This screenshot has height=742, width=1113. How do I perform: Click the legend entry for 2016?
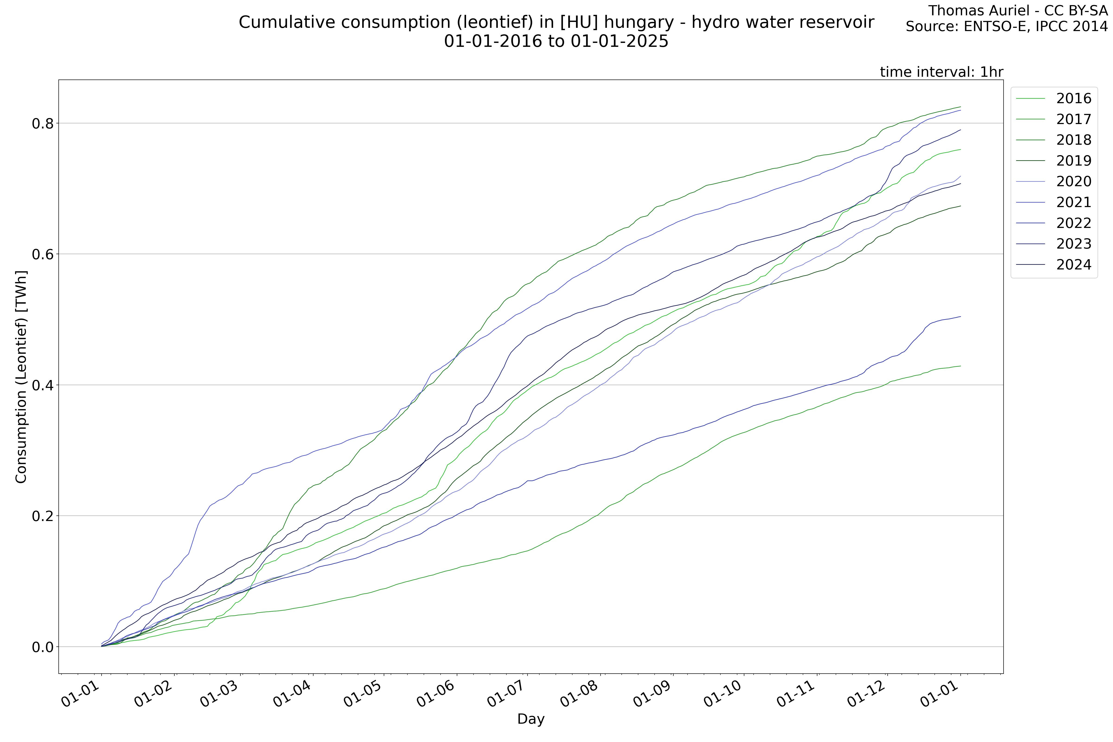(x=1073, y=98)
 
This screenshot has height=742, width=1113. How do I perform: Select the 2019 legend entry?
(x=1073, y=161)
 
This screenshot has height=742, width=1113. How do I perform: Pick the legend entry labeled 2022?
(x=1073, y=223)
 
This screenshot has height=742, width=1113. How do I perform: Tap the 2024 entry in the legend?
(x=1073, y=265)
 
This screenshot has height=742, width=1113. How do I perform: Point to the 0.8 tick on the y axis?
(x=42, y=124)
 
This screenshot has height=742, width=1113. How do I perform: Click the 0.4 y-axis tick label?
(x=42, y=385)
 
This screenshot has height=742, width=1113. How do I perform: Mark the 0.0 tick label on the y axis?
(x=42, y=647)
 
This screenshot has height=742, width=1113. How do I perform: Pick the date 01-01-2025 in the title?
(x=619, y=42)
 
